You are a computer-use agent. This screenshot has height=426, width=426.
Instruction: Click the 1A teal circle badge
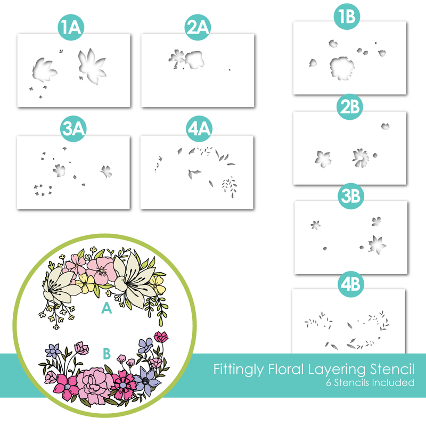[71, 28]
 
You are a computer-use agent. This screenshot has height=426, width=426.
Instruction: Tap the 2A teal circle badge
[198, 28]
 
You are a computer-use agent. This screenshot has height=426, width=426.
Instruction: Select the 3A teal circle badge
[73, 128]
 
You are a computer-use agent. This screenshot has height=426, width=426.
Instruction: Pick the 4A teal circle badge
[199, 128]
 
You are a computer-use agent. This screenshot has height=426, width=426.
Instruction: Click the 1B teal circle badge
[347, 17]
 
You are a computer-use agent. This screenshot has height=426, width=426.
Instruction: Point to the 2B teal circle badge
[349, 107]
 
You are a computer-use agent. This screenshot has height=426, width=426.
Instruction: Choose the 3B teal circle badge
[351, 196]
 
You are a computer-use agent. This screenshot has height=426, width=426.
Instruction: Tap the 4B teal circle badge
[350, 284]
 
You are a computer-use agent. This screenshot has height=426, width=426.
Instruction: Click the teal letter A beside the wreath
[106, 308]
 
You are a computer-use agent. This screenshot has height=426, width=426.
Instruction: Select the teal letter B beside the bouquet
[107, 354]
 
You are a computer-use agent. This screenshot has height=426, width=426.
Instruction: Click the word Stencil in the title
[392, 369]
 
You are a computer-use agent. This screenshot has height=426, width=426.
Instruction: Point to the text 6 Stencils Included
[370, 382]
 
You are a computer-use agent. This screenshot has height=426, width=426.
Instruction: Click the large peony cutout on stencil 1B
[342, 68]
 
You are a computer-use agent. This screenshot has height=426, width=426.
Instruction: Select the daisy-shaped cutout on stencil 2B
[361, 158]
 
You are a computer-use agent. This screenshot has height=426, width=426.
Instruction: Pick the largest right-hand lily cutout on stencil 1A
[92, 67]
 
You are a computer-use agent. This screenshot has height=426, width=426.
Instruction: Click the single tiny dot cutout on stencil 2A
[230, 70]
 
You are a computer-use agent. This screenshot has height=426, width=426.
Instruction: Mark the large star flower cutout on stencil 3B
[377, 244]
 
